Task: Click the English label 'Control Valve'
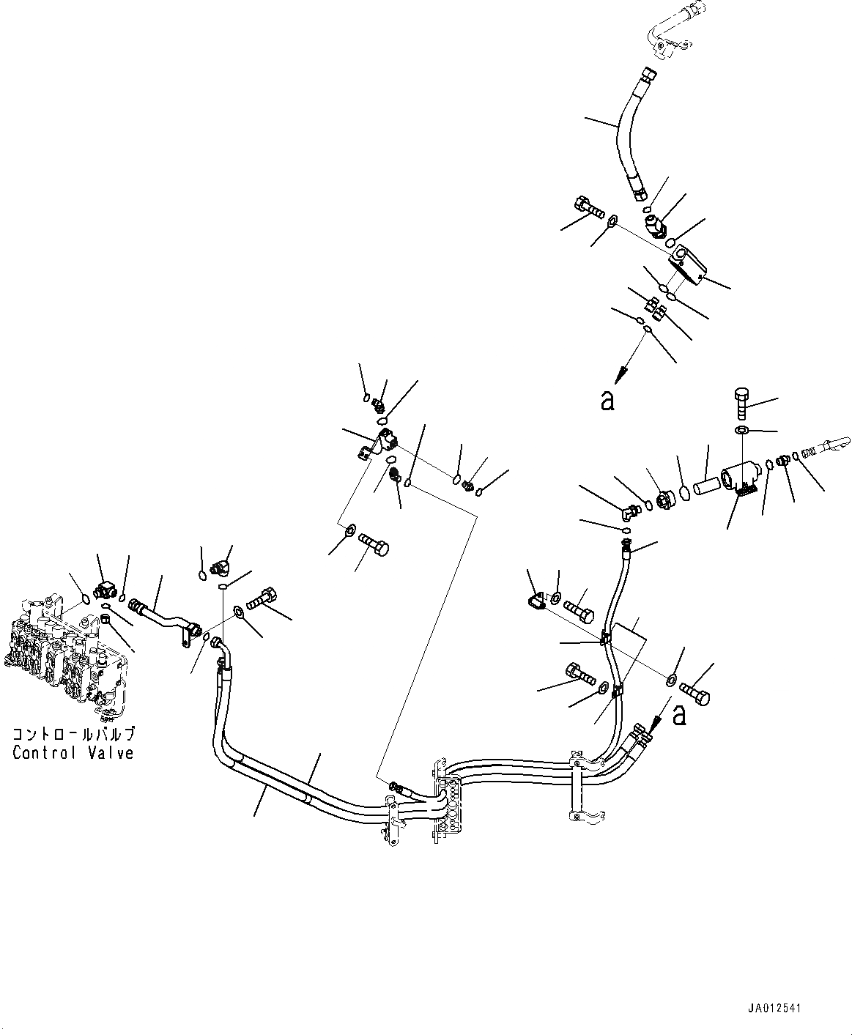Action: click(73, 752)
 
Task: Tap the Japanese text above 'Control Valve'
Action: click(73, 733)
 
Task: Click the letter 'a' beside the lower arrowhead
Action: click(679, 714)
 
